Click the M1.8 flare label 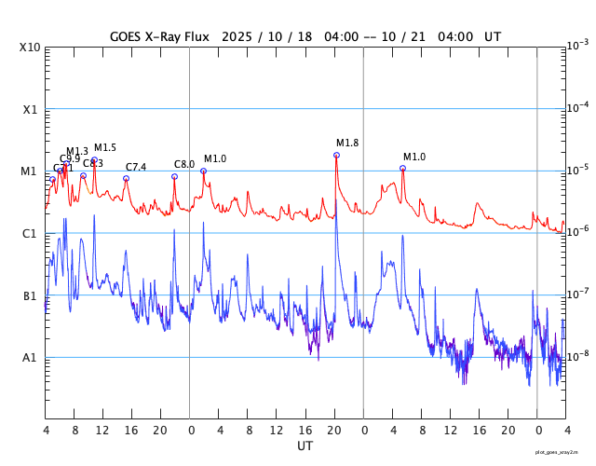coord(347,143)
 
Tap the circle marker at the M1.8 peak coord(336,155)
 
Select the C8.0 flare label coord(184,165)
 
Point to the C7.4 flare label coord(136,167)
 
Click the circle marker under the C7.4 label coord(126,178)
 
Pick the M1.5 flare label coord(105,147)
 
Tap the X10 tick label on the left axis coord(29,48)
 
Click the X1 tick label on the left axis coord(29,109)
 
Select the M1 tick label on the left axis coord(29,171)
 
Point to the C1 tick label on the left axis coord(29,234)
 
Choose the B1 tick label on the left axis coord(29,296)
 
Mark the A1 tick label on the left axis coord(29,358)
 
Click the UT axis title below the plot coord(305,446)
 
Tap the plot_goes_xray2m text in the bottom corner coord(563,452)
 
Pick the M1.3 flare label coord(77,151)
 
